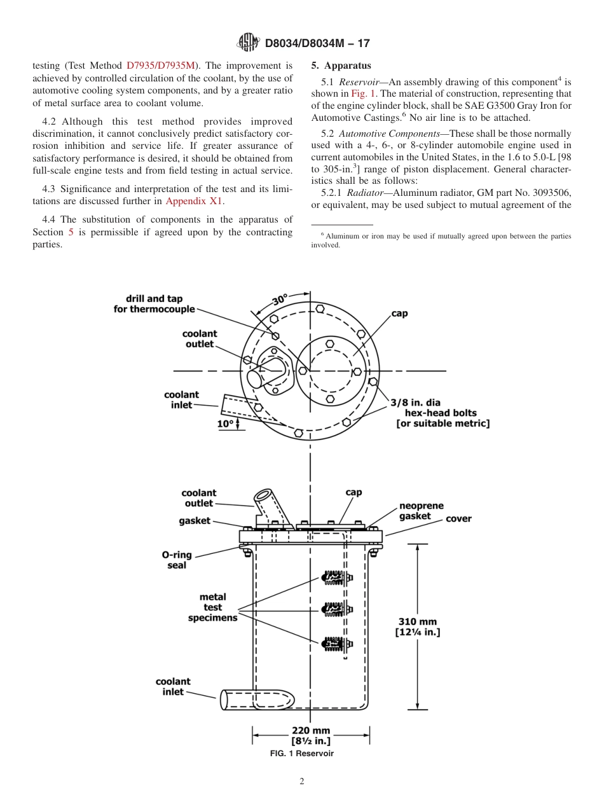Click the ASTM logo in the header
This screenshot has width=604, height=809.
coord(247,43)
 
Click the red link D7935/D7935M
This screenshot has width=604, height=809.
coord(161,65)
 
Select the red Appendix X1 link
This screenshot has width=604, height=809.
coord(194,201)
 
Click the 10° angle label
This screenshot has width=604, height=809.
coord(225,423)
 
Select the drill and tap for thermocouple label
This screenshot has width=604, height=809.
coord(154,303)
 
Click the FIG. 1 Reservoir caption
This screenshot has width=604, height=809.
coord(302,753)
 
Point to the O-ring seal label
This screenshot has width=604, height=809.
coord(177,560)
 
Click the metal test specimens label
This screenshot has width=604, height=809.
coord(212,607)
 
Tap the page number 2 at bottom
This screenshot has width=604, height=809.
coord(302,782)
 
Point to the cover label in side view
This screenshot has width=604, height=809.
coord(458,518)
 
